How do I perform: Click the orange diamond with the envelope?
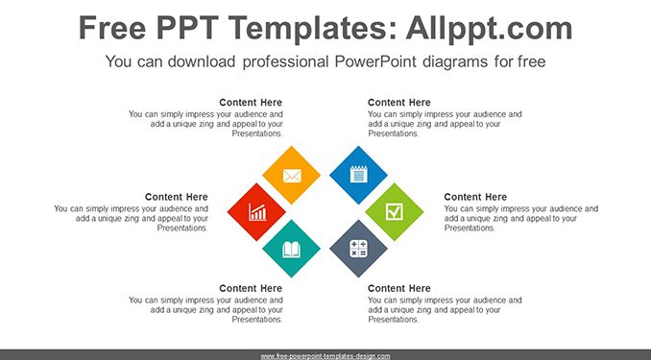click(x=292, y=175)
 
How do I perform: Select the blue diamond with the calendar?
click(x=359, y=175)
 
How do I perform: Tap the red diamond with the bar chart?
click(x=256, y=212)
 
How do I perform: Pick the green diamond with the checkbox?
click(x=395, y=212)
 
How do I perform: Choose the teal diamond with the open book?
click(x=292, y=249)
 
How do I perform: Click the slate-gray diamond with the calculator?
click(x=359, y=249)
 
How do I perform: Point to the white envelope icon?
click(x=292, y=176)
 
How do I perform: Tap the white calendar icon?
click(x=359, y=175)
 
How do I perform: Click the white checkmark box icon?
click(x=395, y=212)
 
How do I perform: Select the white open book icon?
click(x=292, y=250)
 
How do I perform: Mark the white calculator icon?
click(x=359, y=249)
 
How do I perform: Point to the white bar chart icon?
click(x=257, y=212)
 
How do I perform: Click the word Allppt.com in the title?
click(x=489, y=28)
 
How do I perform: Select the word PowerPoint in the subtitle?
click(x=374, y=61)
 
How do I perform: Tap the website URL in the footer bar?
click(x=325, y=356)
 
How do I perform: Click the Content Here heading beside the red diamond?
click(x=177, y=197)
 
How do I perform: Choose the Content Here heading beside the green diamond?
click(x=475, y=197)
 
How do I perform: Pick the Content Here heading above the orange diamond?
click(x=251, y=103)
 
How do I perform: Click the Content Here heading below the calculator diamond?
click(x=399, y=288)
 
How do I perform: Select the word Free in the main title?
click(x=112, y=28)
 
